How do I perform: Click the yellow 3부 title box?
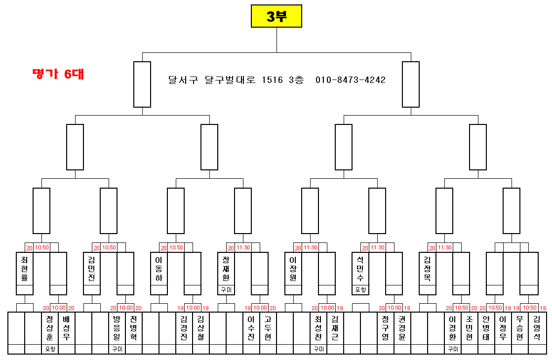pos(276,16)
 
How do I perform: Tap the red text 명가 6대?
pos(58,74)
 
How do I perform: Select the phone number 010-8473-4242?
pos(350,80)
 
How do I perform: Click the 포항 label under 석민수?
pos(360,290)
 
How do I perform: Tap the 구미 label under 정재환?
pos(226,290)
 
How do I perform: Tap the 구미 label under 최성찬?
pos(318,349)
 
